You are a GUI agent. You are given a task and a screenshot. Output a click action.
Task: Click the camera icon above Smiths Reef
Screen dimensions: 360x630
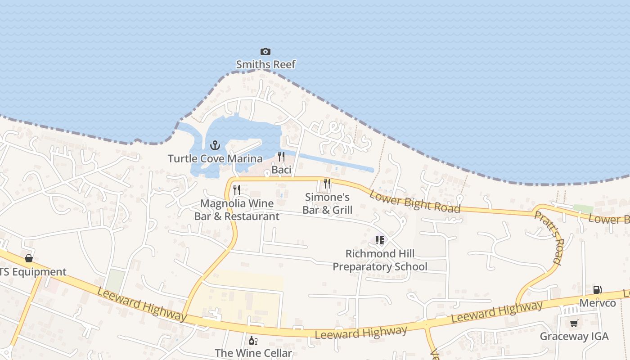click(265, 52)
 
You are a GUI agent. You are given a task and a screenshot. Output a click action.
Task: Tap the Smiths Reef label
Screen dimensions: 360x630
click(265, 64)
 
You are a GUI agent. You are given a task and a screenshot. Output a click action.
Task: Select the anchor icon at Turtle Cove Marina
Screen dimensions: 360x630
click(215, 145)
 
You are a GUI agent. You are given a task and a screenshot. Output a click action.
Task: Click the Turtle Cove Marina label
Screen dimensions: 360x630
click(215, 158)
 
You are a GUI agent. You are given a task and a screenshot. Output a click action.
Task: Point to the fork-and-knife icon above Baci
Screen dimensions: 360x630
click(281, 157)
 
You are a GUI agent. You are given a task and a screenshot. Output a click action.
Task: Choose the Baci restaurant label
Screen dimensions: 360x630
click(281, 170)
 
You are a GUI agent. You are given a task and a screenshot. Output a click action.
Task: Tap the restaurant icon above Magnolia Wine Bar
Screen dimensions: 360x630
click(237, 190)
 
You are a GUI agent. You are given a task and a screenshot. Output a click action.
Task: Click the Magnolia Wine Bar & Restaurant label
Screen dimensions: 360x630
click(237, 210)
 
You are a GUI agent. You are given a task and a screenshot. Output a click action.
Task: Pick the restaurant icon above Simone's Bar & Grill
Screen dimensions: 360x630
click(327, 184)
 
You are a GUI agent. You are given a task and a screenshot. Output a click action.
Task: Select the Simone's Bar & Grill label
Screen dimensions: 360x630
click(327, 203)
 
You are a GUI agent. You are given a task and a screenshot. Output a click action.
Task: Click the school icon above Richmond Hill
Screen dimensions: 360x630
click(380, 240)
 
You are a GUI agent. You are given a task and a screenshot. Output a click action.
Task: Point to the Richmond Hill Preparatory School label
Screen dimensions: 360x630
click(380, 260)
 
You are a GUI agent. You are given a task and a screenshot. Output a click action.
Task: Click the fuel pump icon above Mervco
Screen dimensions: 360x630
click(598, 290)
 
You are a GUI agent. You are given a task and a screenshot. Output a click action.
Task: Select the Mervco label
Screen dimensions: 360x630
click(598, 303)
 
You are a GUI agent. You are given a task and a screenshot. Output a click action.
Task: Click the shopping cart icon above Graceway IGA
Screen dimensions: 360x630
click(574, 323)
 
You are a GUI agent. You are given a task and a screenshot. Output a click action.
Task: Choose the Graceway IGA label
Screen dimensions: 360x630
click(574, 336)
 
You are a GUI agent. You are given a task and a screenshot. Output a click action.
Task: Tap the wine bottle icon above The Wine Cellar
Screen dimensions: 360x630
click(253, 340)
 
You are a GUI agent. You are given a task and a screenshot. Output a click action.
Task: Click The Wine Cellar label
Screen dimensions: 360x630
click(253, 353)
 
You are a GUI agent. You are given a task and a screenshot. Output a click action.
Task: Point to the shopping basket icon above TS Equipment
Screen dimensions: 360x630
click(29, 258)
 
